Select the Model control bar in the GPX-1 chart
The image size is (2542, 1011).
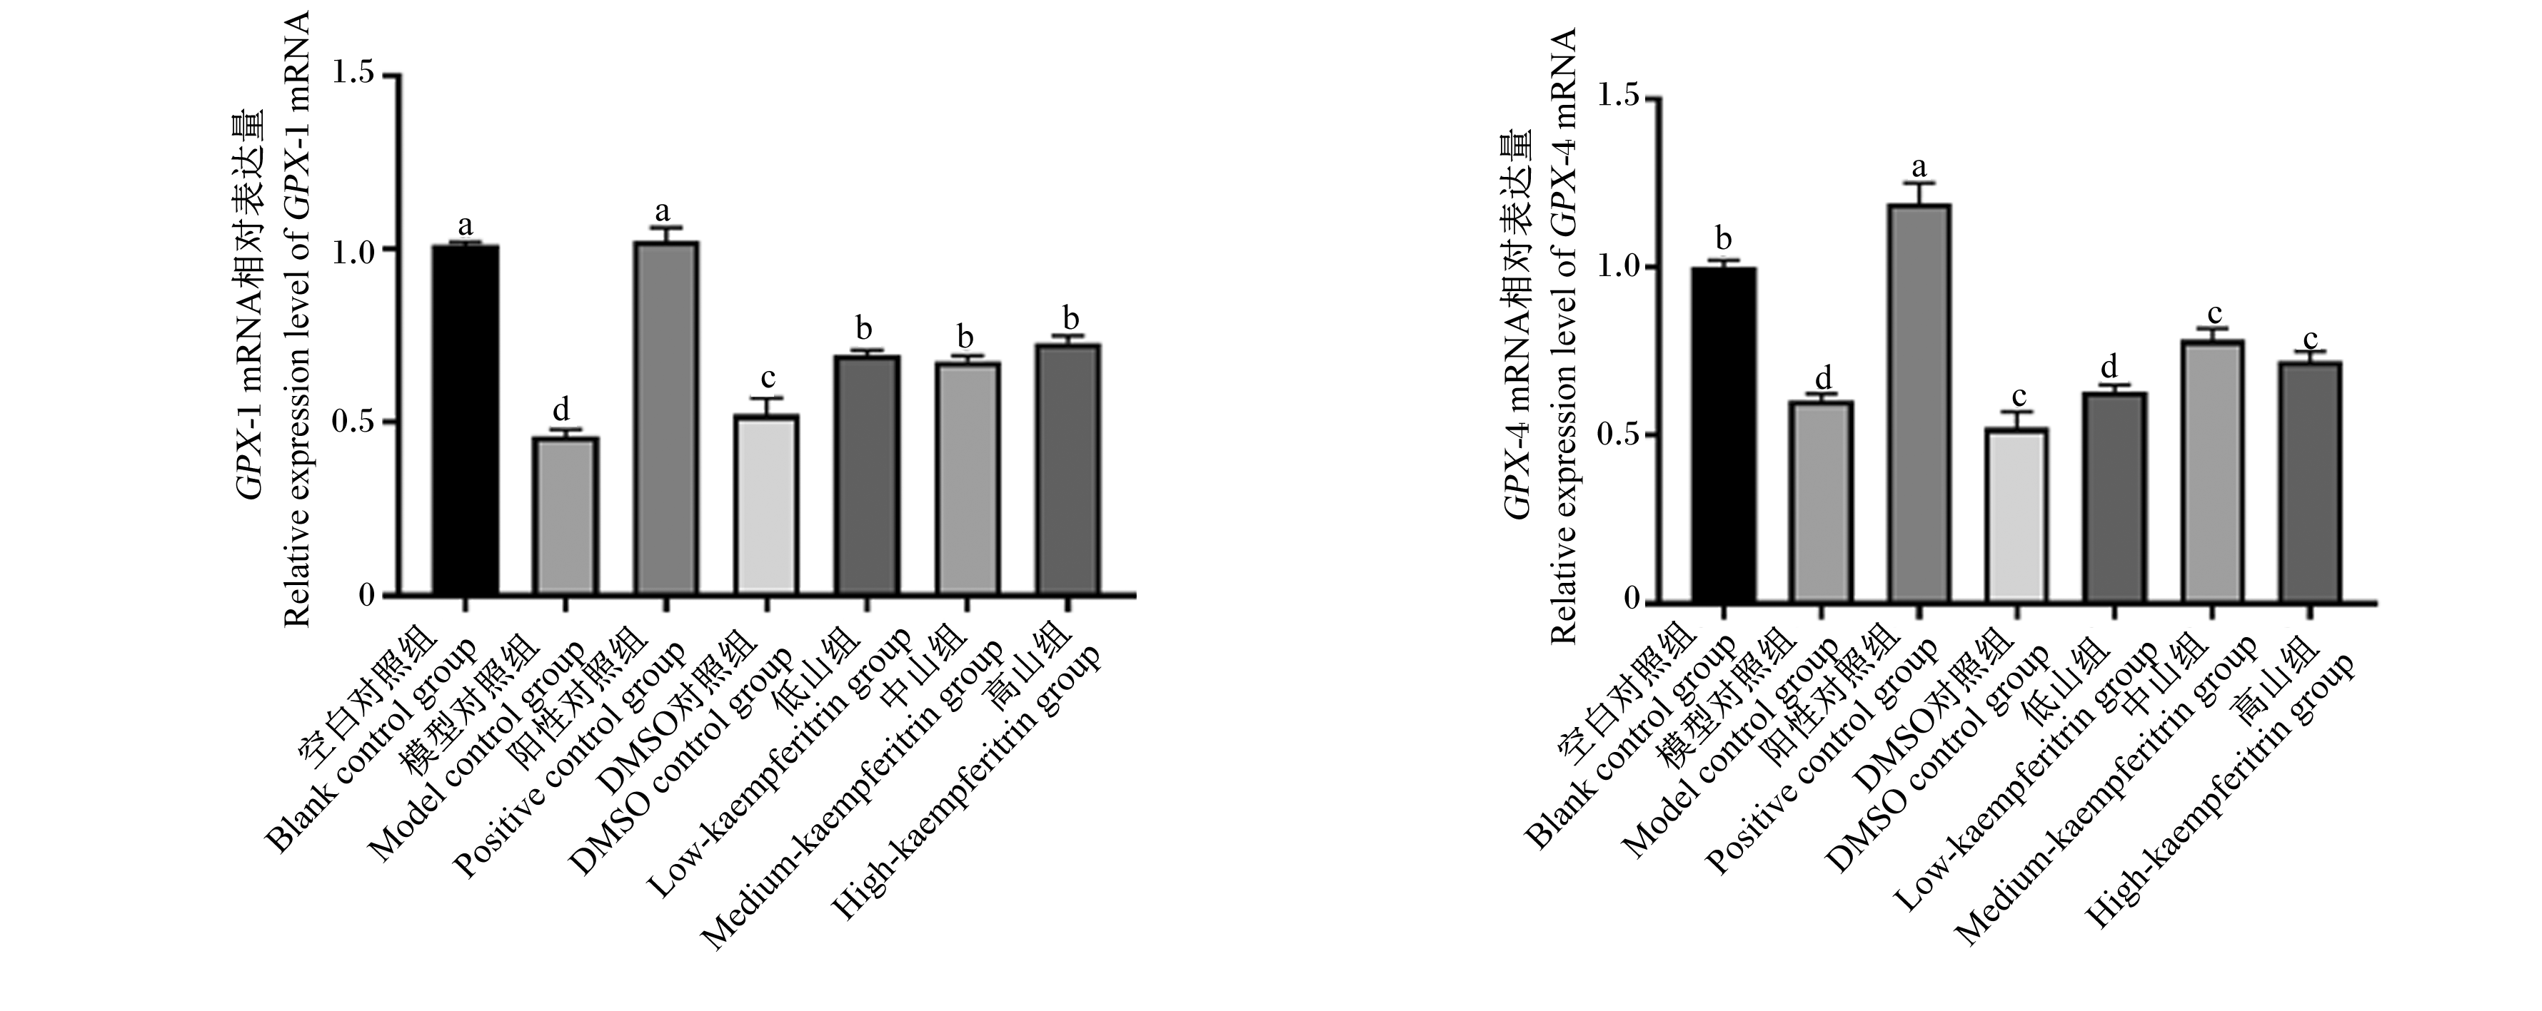566,516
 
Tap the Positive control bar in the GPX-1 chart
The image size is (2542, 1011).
666,418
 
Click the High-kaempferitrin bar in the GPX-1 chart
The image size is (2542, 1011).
1069,469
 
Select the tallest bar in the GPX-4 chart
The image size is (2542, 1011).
1919,402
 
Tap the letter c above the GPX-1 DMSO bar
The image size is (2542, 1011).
767,379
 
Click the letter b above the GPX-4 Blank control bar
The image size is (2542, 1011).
1724,239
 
